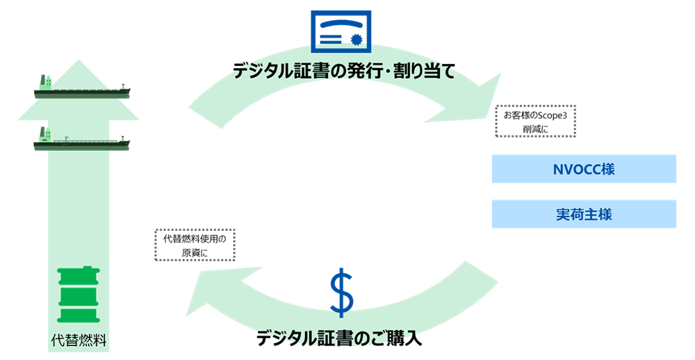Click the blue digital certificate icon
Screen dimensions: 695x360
click(x=341, y=31)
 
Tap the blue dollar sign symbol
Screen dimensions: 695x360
click(x=342, y=292)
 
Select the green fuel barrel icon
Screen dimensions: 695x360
click(x=79, y=295)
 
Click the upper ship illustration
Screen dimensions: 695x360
click(x=82, y=87)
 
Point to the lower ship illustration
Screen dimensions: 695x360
click(x=82, y=139)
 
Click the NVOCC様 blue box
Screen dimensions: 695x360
click(x=584, y=169)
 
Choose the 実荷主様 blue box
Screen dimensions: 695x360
click(x=584, y=214)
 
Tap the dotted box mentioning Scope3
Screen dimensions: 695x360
click(x=535, y=121)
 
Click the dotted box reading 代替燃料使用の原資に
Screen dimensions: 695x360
click(x=195, y=245)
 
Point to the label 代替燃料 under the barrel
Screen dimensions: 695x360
click(x=79, y=340)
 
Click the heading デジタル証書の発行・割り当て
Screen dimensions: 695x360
click(x=344, y=71)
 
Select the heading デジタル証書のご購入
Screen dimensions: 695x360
click(x=340, y=338)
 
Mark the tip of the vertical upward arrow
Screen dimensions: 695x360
click(x=79, y=60)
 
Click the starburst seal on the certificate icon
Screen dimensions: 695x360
click(x=357, y=40)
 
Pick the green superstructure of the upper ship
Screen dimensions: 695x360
click(x=46, y=81)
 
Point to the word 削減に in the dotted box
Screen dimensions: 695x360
click(x=535, y=129)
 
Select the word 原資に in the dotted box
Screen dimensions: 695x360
click(x=195, y=253)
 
